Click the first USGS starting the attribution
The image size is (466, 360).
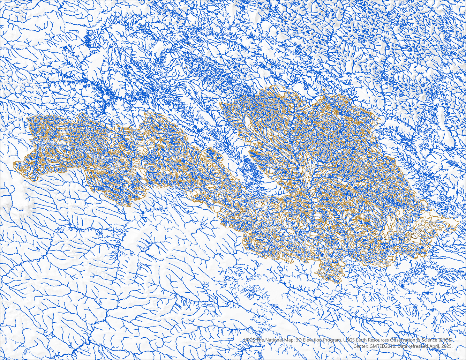click(249, 340)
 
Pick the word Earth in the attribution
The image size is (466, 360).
click(364, 340)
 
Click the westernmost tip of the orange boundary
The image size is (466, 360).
click(14, 163)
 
